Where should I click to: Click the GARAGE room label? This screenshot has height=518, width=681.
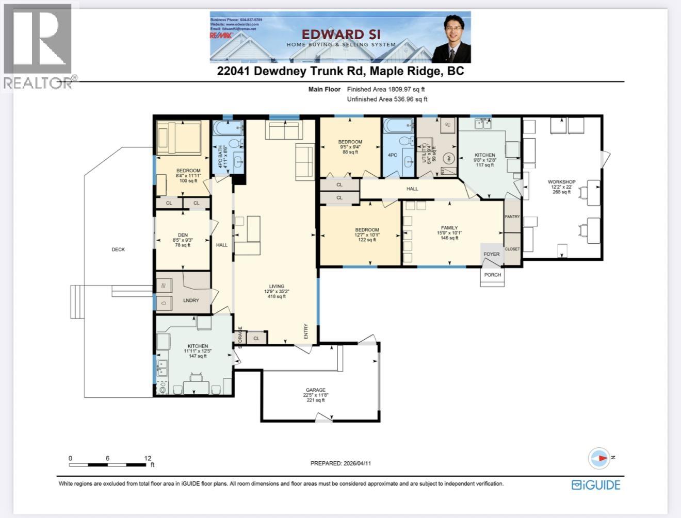click(315, 390)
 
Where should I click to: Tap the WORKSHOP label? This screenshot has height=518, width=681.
click(561, 182)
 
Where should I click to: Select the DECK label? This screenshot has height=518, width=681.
click(118, 249)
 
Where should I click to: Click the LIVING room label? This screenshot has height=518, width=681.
click(277, 287)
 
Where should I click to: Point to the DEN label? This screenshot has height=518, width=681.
click(182, 235)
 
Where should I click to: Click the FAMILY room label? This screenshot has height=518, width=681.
click(449, 227)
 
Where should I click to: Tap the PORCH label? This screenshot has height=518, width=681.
click(492, 275)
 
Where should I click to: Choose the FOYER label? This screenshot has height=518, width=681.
click(491, 254)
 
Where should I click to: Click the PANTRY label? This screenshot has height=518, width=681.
click(512, 216)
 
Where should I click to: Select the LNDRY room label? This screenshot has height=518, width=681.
click(191, 300)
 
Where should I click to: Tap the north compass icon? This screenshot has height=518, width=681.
click(599, 458)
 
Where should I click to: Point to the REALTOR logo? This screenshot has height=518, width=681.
click(39, 46)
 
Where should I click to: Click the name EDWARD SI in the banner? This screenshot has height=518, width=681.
click(340, 34)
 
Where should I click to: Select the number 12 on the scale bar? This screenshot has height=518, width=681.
click(148, 458)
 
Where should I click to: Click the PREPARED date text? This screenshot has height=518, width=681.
click(340, 463)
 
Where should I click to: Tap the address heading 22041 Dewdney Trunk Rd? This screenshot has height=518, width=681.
click(340, 71)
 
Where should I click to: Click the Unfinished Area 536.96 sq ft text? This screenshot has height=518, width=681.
click(387, 99)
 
